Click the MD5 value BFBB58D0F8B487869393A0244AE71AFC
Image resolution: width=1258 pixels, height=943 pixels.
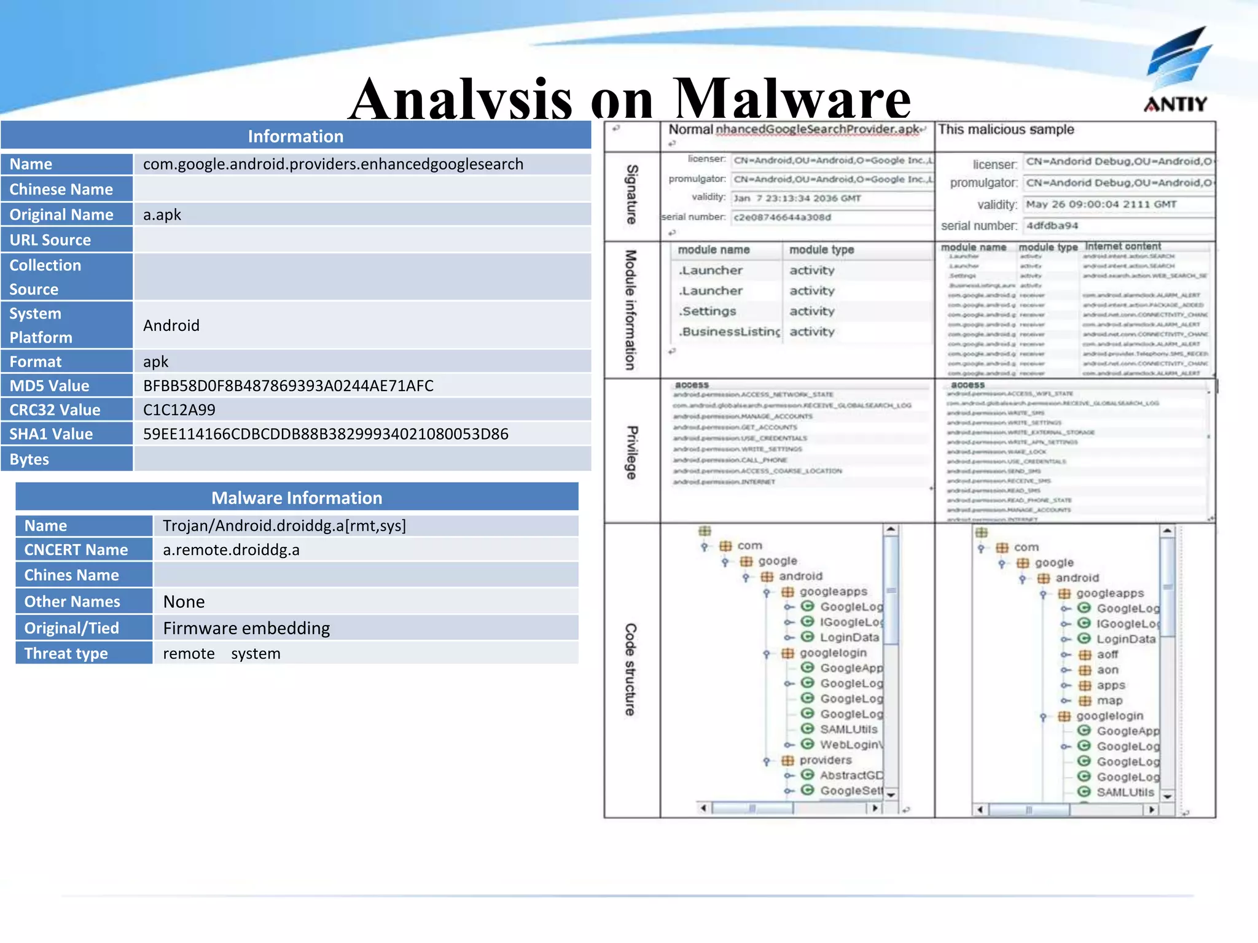pos(288,386)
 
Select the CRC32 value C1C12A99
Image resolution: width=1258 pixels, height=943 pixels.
pos(179,409)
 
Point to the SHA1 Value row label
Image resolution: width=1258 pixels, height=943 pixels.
pos(52,434)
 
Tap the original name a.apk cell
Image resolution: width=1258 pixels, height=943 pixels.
pos(162,214)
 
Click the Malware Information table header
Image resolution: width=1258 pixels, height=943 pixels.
pos(297,497)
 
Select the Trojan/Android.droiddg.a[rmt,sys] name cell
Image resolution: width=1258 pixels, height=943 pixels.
pos(284,526)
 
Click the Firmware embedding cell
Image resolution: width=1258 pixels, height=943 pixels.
pos(246,628)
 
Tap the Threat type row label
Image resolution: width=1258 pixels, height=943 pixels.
pos(66,653)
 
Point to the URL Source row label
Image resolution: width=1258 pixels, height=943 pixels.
pos(50,239)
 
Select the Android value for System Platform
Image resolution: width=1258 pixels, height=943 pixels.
pos(171,325)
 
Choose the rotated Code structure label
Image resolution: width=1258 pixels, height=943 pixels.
pos(631,669)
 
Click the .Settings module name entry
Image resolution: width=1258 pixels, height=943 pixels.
pos(707,311)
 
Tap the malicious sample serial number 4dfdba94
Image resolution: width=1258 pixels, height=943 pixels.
pos(1052,225)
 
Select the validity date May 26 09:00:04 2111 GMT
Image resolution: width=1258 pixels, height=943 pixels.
pos(1101,204)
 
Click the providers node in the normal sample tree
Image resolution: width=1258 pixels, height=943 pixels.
pos(826,760)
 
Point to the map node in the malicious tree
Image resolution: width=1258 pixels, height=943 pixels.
pos(1109,700)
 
